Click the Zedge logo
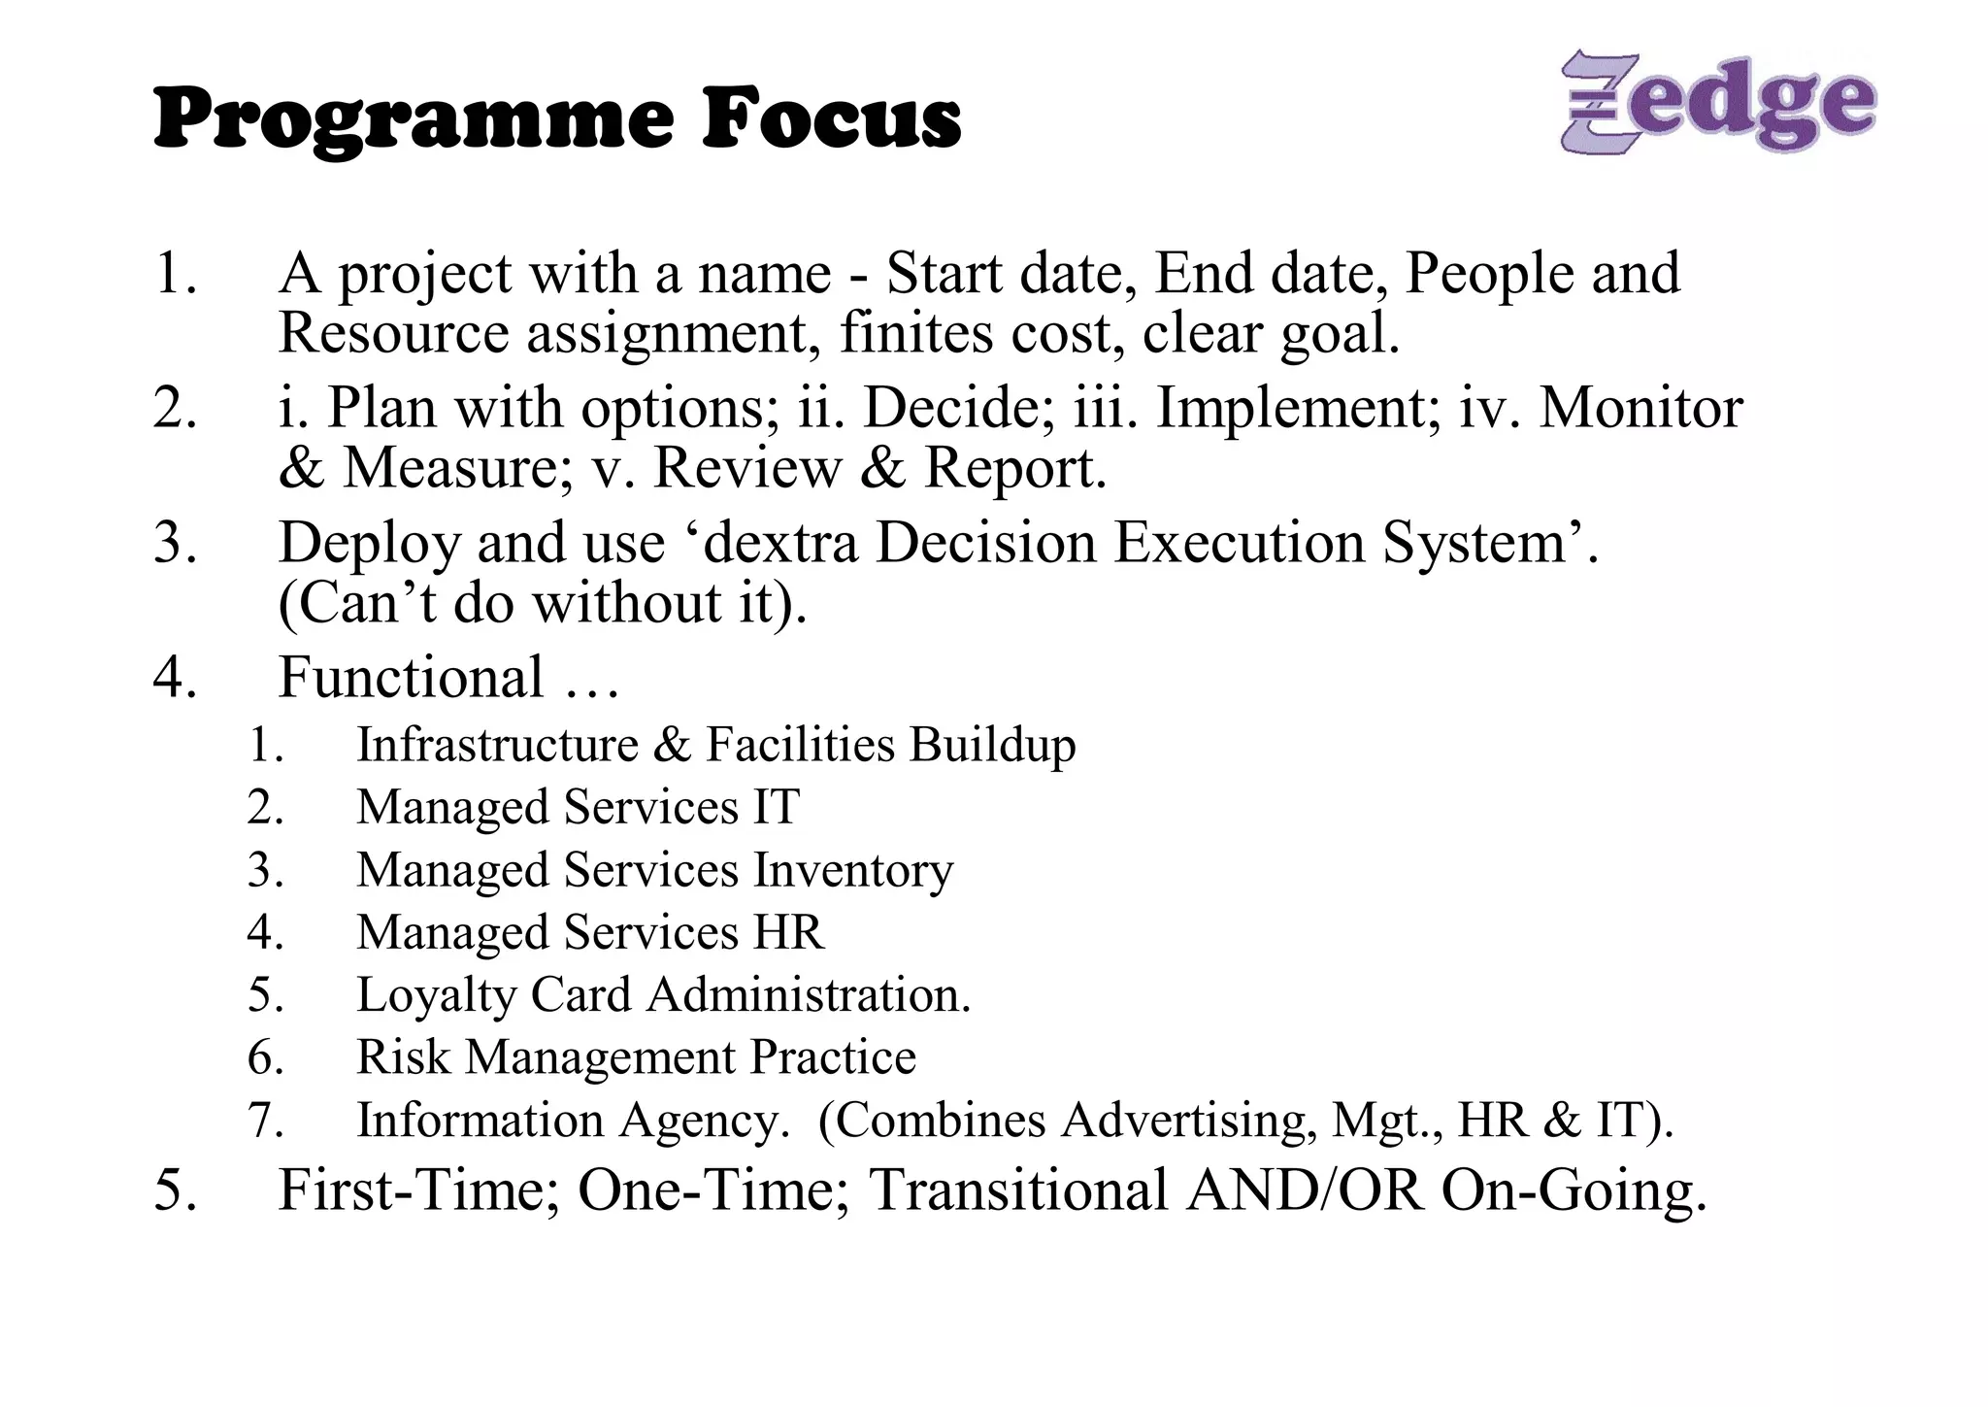pos(1717,102)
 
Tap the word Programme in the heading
pos(414,120)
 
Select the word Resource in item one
pos(393,333)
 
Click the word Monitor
pos(1640,407)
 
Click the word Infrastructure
pos(497,745)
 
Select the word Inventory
pos(853,869)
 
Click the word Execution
pos(1240,542)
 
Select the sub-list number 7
pos(264,1120)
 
